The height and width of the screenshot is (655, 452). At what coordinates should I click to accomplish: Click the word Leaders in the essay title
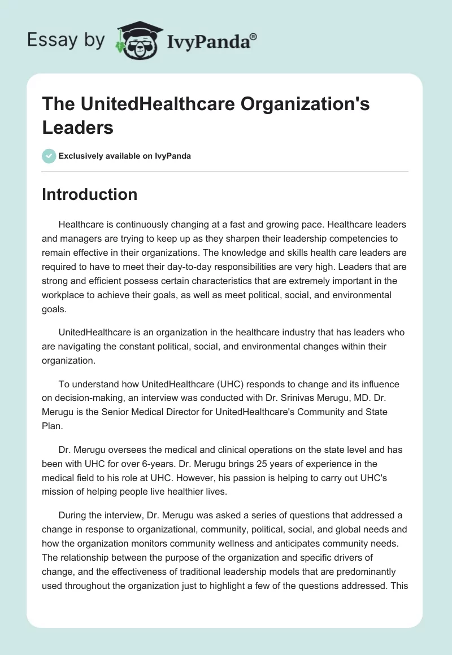point(77,128)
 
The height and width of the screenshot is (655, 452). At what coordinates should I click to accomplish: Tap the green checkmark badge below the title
point(49,156)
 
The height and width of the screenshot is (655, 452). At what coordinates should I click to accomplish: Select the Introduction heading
point(89,194)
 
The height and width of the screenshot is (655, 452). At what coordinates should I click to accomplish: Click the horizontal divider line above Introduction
point(225,171)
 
